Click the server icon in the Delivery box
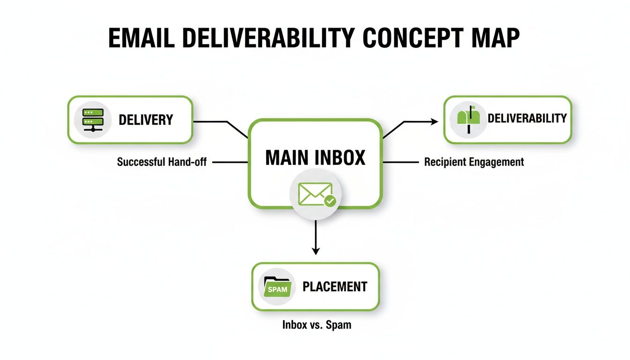click(x=92, y=120)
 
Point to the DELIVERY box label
click(x=146, y=120)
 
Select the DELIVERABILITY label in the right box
click(x=527, y=118)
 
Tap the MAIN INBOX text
click(x=315, y=158)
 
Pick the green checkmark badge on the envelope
click(x=330, y=202)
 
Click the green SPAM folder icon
click(x=277, y=287)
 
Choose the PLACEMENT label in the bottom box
click(x=335, y=286)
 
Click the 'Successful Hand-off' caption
click(x=162, y=162)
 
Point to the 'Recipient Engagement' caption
click(x=474, y=162)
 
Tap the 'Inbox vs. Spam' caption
click(x=316, y=324)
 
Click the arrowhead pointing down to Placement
click(x=315, y=251)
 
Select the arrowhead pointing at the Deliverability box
click(x=435, y=122)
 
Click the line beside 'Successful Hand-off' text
click(x=230, y=162)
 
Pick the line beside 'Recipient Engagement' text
click(x=401, y=162)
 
